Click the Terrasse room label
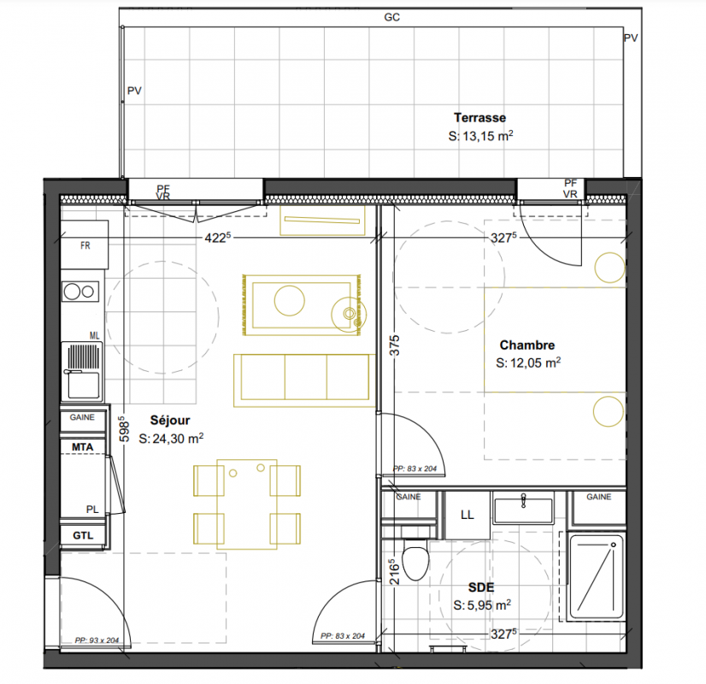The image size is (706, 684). click(479, 117)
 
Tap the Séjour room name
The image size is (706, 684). click(170, 420)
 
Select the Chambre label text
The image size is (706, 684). click(527, 345)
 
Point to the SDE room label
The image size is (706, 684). click(481, 587)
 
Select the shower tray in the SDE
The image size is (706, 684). click(596, 577)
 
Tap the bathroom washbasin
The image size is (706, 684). click(523, 508)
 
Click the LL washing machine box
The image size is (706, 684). click(467, 515)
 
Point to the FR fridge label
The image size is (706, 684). click(85, 245)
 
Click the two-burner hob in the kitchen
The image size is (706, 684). click(80, 292)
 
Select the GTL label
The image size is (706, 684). click(83, 535)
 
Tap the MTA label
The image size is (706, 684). click(82, 447)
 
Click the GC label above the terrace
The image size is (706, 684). click(391, 17)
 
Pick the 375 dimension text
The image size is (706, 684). click(394, 345)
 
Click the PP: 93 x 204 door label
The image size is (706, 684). click(97, 640)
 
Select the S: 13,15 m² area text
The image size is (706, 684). click(481, 136)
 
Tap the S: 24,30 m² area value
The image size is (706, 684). click(171, 438)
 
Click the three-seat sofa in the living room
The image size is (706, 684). click(304, 380)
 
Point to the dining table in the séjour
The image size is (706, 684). click(247, 504)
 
